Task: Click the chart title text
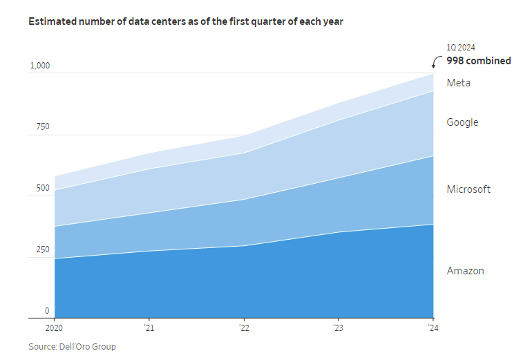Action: [x=186, y=21]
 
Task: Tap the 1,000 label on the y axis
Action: [x=39, y=66]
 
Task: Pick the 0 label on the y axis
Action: [x=47, y=311]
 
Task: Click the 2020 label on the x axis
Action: [x=54, y=328]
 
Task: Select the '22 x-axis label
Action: [x=243, y=328]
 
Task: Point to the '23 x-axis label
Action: [x=337, y=328]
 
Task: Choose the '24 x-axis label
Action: [x=432, y=328]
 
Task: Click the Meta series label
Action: [x=459, y=83]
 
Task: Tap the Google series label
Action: [x=462, y=122]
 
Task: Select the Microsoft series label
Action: [x=468, y=189]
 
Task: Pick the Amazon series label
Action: [x=465, y=271]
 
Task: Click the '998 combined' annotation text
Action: [x=479, y=61]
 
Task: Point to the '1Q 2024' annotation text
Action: [x=461, y=48]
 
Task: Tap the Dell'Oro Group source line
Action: [x=72, y=346]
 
